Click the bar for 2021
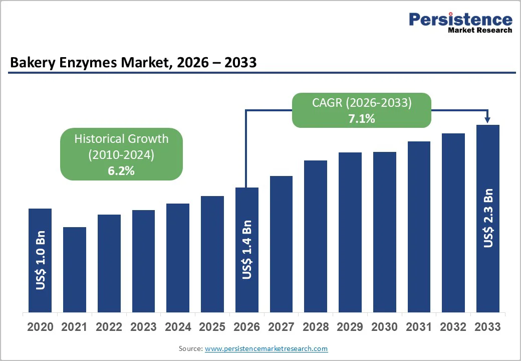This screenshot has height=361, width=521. (x=75, y=269)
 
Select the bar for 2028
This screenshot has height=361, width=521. (x=316, y=236)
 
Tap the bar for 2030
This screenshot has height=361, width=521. (x=385, y=232)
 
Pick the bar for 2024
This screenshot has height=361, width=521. (x=178, y=258)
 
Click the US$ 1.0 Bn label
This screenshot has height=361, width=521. (x=40, y=260)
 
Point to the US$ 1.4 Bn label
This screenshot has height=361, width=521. (x=247, y=249)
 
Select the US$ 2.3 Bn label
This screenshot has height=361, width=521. (x=488, y=218)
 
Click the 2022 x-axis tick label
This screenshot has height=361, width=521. (x=109, y=327)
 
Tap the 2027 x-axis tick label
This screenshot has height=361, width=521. (x=281, y=327)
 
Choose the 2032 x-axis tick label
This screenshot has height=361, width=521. (x=453, y=327)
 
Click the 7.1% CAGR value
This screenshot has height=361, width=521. (x=362, y=119)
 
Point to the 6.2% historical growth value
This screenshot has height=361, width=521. (x=121, y=170)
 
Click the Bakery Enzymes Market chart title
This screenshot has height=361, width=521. (x=133, y=63)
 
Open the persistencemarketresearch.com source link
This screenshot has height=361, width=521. (x=266, y=348)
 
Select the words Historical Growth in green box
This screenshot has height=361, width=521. (x=121, y=139)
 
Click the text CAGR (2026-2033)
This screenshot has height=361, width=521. (x=362, y=103)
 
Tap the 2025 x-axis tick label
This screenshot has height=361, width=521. (x=212, y=327)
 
